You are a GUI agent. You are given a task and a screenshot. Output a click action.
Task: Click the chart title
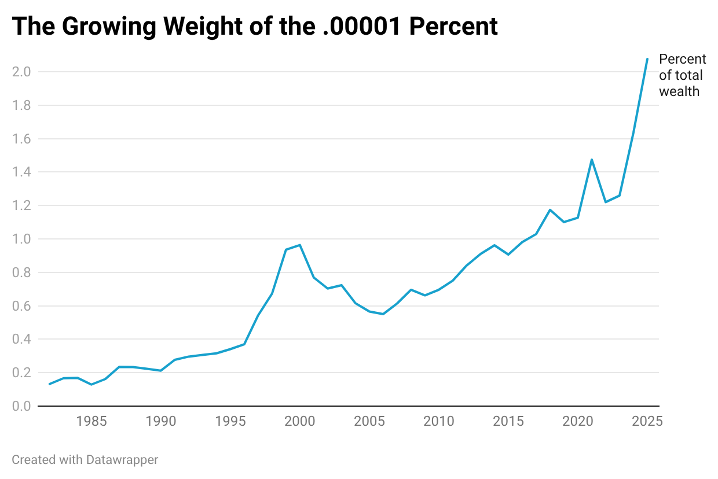tap(255, 27)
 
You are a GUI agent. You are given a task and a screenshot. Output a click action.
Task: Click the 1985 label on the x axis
tap(91, 421)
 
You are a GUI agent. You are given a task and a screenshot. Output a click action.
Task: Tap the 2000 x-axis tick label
tap(300, 421)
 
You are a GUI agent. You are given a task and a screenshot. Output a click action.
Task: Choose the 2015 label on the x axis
tap(508, 421)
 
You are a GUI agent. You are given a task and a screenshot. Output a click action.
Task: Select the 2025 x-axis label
tap(647, 421)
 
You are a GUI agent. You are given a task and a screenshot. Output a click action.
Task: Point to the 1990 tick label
tap(161, 421)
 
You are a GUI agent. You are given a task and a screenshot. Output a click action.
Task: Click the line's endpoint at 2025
tap(647, 59)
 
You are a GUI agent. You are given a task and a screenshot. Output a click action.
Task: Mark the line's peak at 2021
tap(591, 159)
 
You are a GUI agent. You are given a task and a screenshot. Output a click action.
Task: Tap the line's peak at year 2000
tap(300, 245)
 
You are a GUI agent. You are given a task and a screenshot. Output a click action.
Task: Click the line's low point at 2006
tap(383, 314)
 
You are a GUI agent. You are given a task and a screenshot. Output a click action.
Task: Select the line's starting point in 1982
tap(50, 384)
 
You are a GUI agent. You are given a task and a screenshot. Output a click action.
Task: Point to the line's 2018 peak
tap(550, 209)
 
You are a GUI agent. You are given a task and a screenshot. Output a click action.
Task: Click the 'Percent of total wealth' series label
tap(682, 75)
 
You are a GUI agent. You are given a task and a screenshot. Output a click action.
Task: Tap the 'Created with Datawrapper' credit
tap(85, 460)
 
